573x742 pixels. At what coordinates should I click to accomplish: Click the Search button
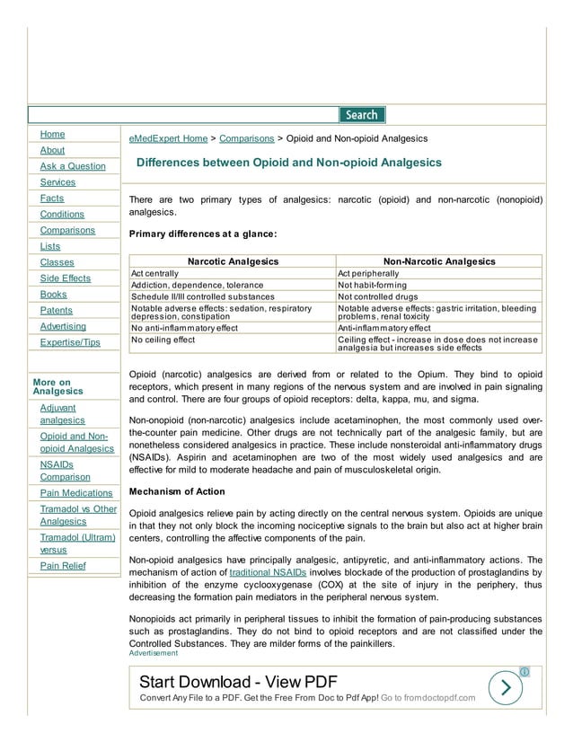point(362,115)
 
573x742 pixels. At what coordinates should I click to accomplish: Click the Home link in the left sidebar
point(52,134)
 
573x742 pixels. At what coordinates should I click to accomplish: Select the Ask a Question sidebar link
point(73,166)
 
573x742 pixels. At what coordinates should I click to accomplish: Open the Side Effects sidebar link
point(66,278)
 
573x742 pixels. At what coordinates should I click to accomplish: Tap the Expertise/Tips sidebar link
point(70,342)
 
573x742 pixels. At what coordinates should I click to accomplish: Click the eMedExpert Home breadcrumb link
point(168,139)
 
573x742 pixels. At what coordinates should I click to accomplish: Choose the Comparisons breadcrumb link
point(247,139)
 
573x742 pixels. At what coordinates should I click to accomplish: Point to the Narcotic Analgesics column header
point(233,261)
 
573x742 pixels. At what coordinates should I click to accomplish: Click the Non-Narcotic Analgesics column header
point(439,261)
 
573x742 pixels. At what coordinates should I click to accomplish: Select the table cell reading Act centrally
point(155,273)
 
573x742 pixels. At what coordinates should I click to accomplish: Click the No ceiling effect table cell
point(163,340)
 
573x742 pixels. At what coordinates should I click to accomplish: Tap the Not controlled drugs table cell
point(377,296)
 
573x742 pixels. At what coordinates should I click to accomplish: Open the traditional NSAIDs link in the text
point(268,571)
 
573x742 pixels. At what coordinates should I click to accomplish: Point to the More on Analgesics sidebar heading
point(57,386)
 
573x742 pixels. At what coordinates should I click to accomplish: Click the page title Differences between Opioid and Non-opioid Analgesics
point(289,163)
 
